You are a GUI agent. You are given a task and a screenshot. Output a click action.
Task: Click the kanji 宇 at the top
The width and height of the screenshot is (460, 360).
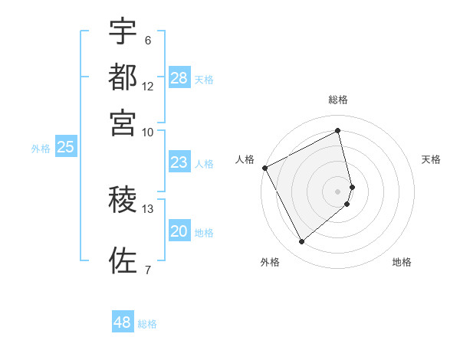click(x=123, y=32)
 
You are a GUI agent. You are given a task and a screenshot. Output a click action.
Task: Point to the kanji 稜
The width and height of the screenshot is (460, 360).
click(x=123, y=200)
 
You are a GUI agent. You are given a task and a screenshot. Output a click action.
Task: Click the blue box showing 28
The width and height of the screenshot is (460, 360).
click(x=179, y=78)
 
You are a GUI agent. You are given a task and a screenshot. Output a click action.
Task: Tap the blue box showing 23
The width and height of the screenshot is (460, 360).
click(x=179, y=162)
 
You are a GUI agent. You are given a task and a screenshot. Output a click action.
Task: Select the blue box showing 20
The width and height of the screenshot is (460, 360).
click(x=179, y=231)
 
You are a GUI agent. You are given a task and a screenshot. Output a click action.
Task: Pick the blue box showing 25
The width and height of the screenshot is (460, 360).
click(x=66, y=148)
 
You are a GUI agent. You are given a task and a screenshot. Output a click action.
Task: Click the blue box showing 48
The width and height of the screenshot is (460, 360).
click(x=123, y=322)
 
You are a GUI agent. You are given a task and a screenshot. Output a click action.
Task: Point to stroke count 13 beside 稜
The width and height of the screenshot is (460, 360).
click(x=148, y=208)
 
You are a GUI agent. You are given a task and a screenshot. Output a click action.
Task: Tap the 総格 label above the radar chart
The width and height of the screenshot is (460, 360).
click(x=338, y=100)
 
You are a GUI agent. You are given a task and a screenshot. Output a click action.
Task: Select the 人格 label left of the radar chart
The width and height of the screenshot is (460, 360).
click(x=245, y=159)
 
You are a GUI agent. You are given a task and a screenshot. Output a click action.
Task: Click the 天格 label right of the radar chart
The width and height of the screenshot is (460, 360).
click(x=432, y=159)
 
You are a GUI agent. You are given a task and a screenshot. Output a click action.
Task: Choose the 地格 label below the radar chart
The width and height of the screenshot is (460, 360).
click(x=402, y=262)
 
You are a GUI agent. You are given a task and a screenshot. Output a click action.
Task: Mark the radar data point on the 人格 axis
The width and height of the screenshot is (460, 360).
click(x=264, y=168)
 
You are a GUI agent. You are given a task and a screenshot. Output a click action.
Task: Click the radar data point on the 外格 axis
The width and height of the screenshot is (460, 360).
click(x=301, y=242)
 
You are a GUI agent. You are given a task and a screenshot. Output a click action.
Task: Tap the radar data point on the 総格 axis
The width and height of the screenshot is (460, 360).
click(x=338, y=131)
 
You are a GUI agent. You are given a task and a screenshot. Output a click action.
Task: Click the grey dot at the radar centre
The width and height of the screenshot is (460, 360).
click(x=338, y=191)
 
